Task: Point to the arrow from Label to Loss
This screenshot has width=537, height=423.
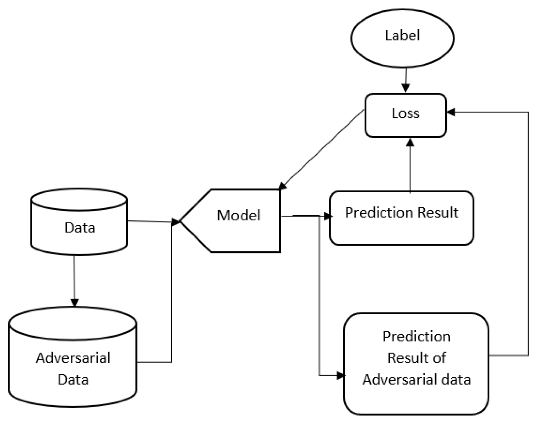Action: (406, 80)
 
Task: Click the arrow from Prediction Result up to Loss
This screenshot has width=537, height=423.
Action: (410, 165)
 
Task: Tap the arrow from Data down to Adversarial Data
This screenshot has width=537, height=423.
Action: (75, 280)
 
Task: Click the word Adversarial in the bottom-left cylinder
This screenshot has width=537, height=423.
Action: (73, 358)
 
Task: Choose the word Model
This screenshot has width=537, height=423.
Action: (239, 215)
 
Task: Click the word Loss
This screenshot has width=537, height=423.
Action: (405, 113)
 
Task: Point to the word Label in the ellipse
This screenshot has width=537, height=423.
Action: (402, 35)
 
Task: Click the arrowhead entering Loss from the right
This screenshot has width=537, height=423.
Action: (451, 112)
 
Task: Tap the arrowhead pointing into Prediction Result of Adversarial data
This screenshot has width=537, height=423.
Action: (341, 376)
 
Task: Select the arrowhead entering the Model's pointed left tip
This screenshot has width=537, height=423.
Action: (176, 222)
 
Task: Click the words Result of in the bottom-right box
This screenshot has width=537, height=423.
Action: (417, 358)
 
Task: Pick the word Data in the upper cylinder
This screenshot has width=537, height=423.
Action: (80, 227)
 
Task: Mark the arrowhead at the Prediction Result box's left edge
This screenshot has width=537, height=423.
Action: (328, 216)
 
